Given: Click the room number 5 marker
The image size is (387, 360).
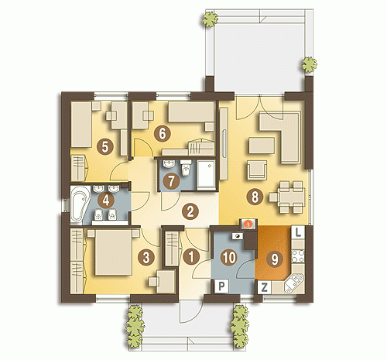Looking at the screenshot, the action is (104, 147).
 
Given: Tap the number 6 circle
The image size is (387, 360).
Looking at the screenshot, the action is (162, 134).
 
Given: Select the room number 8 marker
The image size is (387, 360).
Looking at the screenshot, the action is (255, 197).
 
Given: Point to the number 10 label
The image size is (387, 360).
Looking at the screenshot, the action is (229, 258).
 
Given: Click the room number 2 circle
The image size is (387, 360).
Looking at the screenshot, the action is (190, 211).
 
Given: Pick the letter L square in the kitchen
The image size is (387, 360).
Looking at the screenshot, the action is (298, 232).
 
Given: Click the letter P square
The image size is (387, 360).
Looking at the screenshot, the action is (221, 286).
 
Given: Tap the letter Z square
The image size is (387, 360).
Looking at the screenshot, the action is (264, 287).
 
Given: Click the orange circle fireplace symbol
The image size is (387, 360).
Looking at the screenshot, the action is (248, 224).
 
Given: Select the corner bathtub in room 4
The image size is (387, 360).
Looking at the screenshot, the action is (79, 204).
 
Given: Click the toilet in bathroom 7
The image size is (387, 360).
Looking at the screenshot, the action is (185, 168).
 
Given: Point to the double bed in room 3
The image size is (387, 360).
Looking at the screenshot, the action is (113, 252).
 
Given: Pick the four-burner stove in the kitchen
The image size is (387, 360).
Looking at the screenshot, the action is (298, 255).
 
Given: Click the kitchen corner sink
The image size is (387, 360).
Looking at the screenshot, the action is (295, 283).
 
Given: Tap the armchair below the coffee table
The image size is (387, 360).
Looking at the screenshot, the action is (257, 170).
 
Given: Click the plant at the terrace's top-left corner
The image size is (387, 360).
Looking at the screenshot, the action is (211, 19).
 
